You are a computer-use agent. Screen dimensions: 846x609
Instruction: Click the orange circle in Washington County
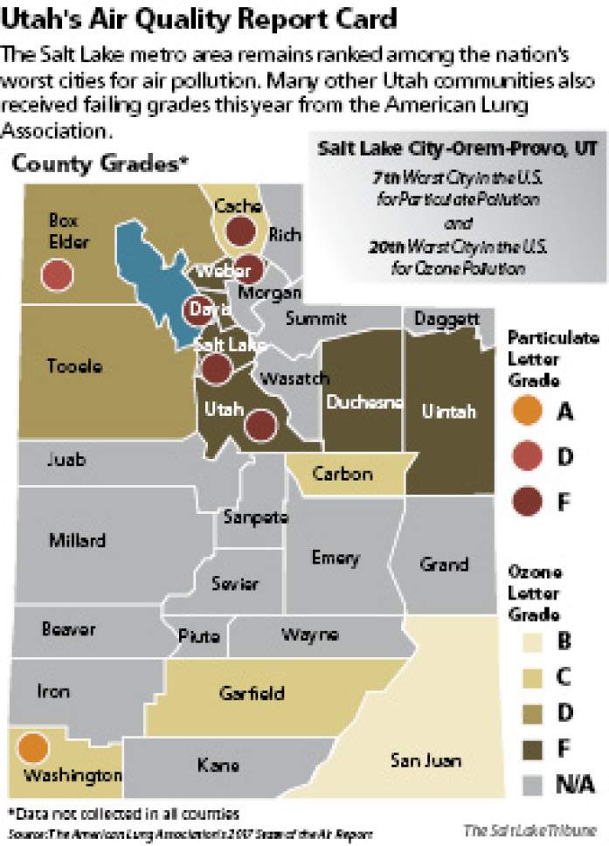click(32, 747)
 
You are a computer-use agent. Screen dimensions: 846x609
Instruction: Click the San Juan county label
click(426, 759)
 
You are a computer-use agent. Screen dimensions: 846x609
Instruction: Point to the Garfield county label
click(251, 693)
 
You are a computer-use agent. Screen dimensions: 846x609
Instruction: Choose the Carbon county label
click(343, 474)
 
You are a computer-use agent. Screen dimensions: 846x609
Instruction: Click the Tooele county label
click(74, 366)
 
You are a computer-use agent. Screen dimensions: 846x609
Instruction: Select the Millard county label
click(78, 540)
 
